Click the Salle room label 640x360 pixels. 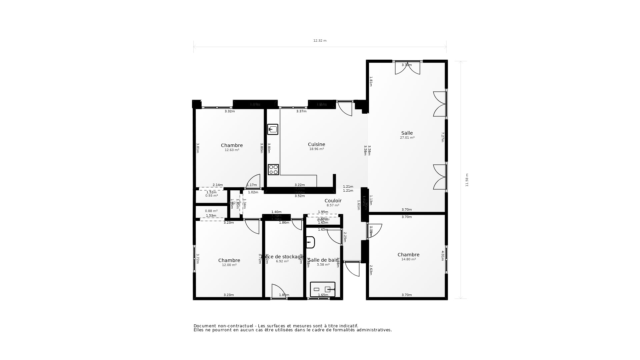pyautogui.click(x=407, y=133)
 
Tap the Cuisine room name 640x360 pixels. pyautogui.click(x=316, y=144)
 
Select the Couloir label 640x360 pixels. pyautogui.click(x=333, y=201)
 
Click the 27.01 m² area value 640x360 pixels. pyautogui.click(x=407, y=138)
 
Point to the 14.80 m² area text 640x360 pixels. pyautogui.click(x=408, y=259)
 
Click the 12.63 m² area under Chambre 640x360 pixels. pyautogui.click(x=232, y=150)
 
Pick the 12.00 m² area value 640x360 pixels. pyautogui.click(x=229, y=265)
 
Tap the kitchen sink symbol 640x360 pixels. pyautogui.click(x=273, y=129)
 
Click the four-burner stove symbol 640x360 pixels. pyautogui.click(x=273, y=170)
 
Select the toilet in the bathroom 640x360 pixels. pyautogui.click(x=310, y=242)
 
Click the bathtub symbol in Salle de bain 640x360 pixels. pyautogui.click(x=322, y=289)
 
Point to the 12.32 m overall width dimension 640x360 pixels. pyautogui.click(x=320, y=41)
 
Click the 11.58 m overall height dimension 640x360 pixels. pyautogui.click(x=467, y=180)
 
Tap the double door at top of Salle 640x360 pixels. pyautogui.click(x=407, y=68)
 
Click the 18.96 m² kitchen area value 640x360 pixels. pyautogui.click(x=316, y=149)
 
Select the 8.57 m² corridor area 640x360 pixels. pyautogui.click(x=333, y=205)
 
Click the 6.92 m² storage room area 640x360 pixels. pyautogui.click(x=282, y=261)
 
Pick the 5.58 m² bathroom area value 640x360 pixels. pyautogui.click(x=323, y=265)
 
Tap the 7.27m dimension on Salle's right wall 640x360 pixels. pyautogui.click(x=443, y=137)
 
